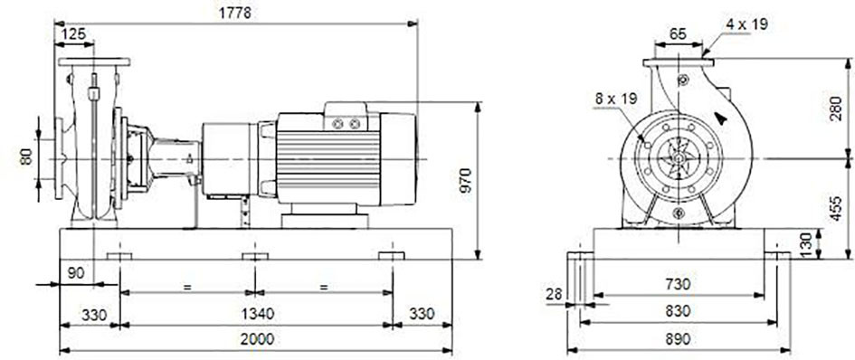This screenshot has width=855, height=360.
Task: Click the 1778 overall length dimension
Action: click(235, 13)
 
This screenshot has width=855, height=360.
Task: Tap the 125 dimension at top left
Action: click(73, 33)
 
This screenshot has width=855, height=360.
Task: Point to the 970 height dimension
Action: click(465, 181)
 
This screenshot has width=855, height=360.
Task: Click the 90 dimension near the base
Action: click(77, 273)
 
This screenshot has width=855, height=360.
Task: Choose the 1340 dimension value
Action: click(256, 314)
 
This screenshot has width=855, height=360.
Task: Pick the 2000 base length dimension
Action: click(257, 339)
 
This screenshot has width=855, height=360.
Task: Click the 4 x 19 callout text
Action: click(746, 24)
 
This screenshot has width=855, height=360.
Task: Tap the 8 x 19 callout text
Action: click(616, 99)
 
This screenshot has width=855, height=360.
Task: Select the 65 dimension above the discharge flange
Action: click(678, 33)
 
